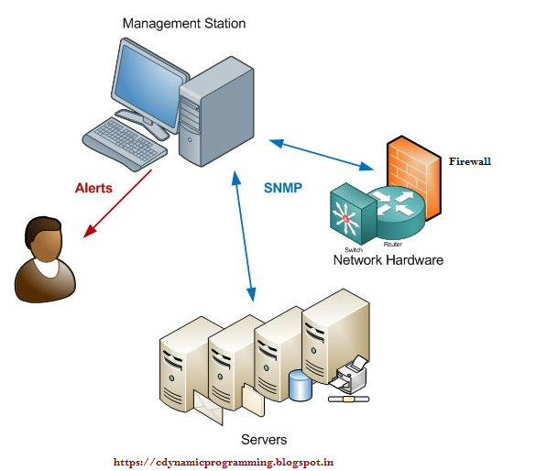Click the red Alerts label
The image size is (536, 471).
click(93, 188)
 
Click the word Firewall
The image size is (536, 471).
click(470, 160)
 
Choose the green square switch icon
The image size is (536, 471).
click(349, 213)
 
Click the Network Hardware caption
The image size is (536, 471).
click(388, 260)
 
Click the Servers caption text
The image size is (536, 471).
click(263, 440)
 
